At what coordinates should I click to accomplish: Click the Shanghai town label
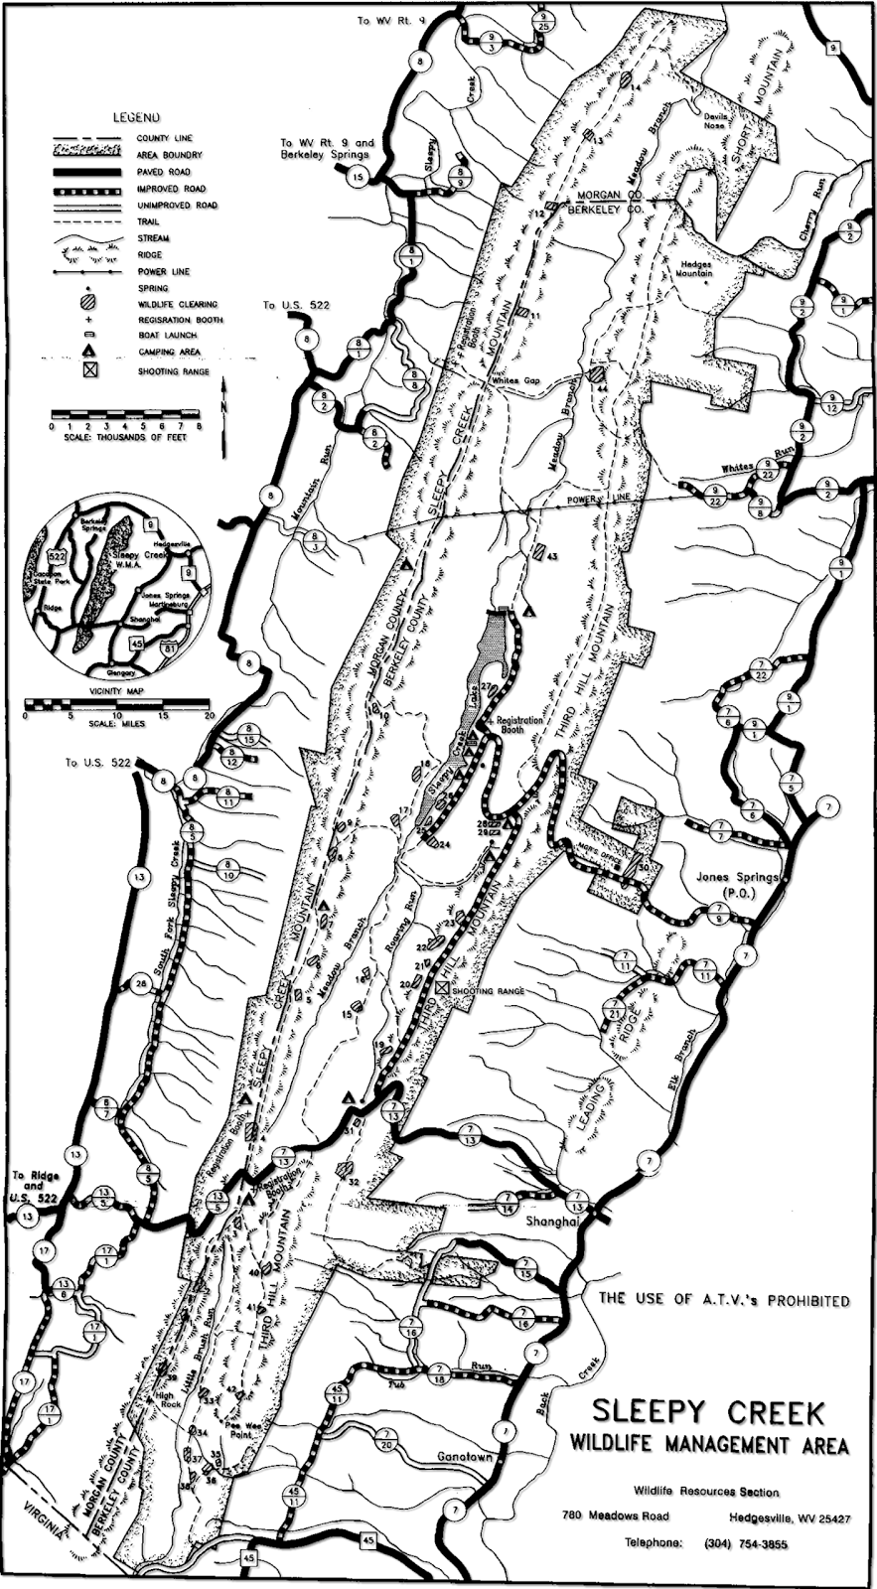point(552,1222)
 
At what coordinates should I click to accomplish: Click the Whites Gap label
point(514,381)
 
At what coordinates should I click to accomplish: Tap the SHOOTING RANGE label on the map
point(488,991)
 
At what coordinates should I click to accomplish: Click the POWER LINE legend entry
point(167,271)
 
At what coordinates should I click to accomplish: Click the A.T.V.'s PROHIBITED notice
point(723,1299)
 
